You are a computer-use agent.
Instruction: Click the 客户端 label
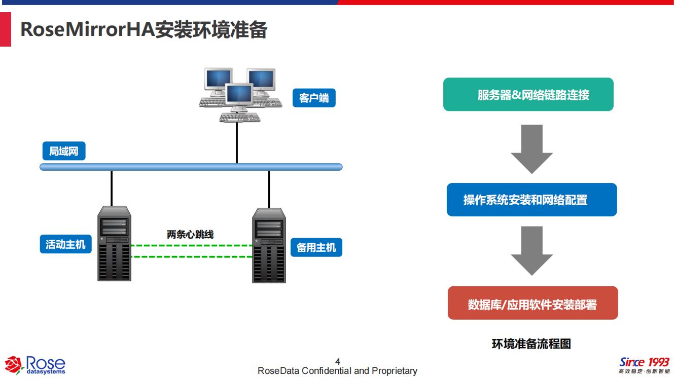coord(314,98)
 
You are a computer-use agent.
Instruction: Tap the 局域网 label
coord(64,151)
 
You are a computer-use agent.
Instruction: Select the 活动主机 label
coord(65,244)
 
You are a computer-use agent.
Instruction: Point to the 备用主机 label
coord(316,247)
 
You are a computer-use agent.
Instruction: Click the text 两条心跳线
coord(190,234)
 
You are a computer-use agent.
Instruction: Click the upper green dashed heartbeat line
coord(192,246)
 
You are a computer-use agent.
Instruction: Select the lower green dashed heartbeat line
coord(192,257)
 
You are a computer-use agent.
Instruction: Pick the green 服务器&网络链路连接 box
coord(528,94)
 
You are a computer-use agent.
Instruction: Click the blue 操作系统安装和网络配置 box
coord(532,200)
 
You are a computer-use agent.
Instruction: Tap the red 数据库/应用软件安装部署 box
coord(533,303)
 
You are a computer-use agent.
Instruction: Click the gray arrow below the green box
coord(532,149)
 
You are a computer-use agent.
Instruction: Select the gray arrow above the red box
coord(532,251)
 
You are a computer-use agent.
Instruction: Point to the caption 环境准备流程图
coord(531,344)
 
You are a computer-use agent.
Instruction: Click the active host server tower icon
coord(114,243)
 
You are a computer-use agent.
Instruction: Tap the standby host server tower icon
coord(269,246)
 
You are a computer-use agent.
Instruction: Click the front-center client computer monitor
coord(239,94)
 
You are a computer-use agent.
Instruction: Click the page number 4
coord(338,361)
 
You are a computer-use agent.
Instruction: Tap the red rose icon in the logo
coord(14,365)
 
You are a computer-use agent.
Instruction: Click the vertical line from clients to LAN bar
coord(237,143)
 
